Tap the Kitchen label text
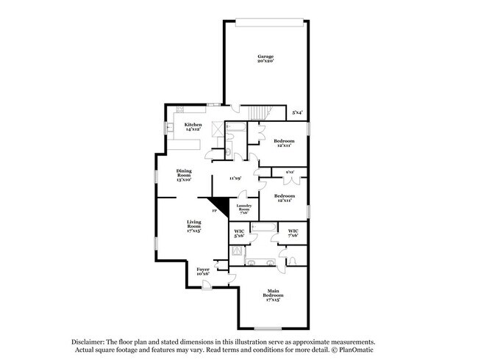[x=193, y=127]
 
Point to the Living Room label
[x=194, y=225]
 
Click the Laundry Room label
[x=243, y=209]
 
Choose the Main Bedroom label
[x=273, y=296]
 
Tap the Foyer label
[x=203, y=271]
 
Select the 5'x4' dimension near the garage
[x=298, y=112]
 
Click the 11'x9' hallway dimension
[x=235, y=178]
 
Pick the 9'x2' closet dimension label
[x=289, y=173]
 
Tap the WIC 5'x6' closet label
[x=239, y=234]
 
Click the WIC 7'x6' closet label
[x=293, y=233]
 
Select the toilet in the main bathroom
[x=292, y=262]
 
